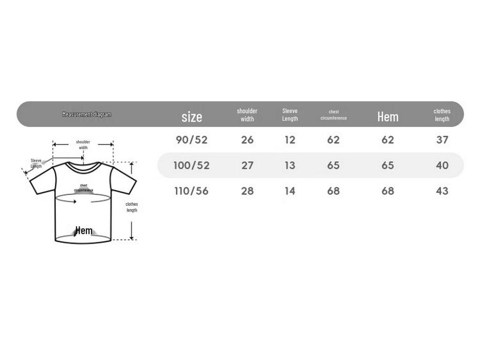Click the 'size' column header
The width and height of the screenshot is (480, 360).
[x=192, y=117]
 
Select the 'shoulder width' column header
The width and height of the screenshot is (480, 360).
[x=247, y=115]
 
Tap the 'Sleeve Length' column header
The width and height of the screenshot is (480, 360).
[x=290, y=114]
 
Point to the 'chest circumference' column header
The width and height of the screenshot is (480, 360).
[x=333, y=115]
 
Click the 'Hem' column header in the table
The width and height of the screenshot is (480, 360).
[x=388, y=117]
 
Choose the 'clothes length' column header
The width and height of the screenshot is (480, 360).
[x=442, y=115]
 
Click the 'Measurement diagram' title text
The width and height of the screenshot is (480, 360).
[x=87, y=114]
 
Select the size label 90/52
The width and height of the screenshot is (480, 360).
[x=192, y=140]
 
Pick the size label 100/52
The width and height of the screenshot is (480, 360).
[x=192, y=165]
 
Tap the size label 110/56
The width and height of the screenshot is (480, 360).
[x=192, y=191]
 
